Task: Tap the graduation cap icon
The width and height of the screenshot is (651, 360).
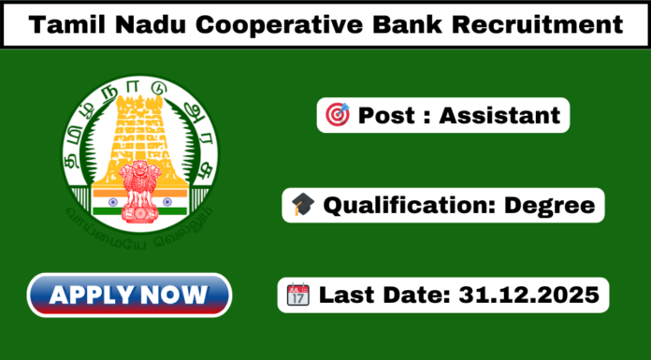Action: click(302, 204)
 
